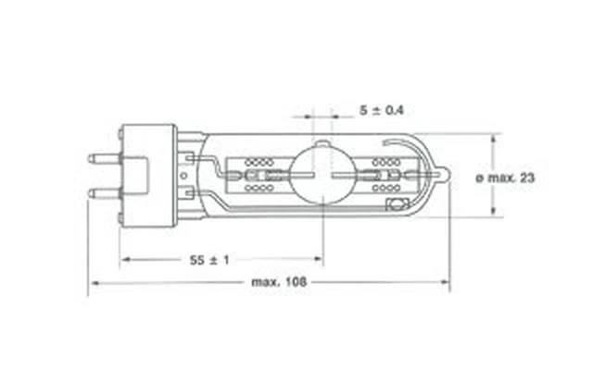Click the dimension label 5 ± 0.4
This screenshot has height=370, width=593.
tap(382, 110)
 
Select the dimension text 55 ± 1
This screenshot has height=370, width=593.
tap(209, 260)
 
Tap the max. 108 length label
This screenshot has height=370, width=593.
tap(279, 282)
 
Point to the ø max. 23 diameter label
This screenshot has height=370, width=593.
tap(505, 178)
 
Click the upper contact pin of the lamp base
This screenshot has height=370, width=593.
tap(105, 158)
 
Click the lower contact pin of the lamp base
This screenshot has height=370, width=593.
tap(105, 193)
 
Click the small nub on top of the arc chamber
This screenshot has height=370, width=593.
tap(322, 143)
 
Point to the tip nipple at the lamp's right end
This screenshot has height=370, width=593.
tap(446, 174)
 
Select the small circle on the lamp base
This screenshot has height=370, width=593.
tap(183, 176)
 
